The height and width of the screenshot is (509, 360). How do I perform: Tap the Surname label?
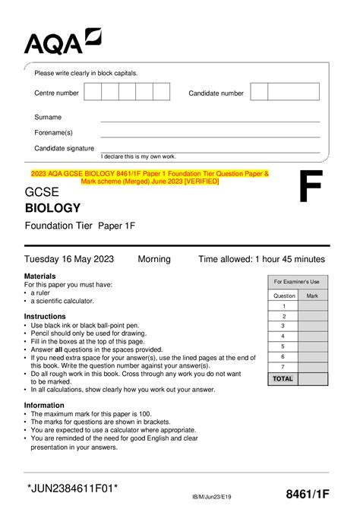[x=48, y=118]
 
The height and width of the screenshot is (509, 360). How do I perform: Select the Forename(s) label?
[x=53, y=133]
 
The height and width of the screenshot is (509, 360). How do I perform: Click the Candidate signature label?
[x=64, y=148]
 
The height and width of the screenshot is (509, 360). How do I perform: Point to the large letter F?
[x=310, y=188]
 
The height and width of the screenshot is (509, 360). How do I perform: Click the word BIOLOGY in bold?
[x=52, y=207]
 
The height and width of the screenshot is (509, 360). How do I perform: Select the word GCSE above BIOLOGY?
[x=42, y=191]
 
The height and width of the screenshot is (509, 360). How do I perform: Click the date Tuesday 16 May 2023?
[x=69, y=259]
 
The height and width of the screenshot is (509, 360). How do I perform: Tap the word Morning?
[x=154, y=259]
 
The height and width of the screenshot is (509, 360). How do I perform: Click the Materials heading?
[x=39, y=276]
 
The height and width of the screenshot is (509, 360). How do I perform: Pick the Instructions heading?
[x=45, y=316]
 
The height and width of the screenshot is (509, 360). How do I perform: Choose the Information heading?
[x=44, y=405]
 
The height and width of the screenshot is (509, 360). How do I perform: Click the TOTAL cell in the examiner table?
[x=283, y=378]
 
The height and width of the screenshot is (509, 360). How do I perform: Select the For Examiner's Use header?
[x=297, y=282]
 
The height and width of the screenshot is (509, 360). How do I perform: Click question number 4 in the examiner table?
[x=283, y=335]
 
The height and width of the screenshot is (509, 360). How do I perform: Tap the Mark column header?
[x=311, y=295]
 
